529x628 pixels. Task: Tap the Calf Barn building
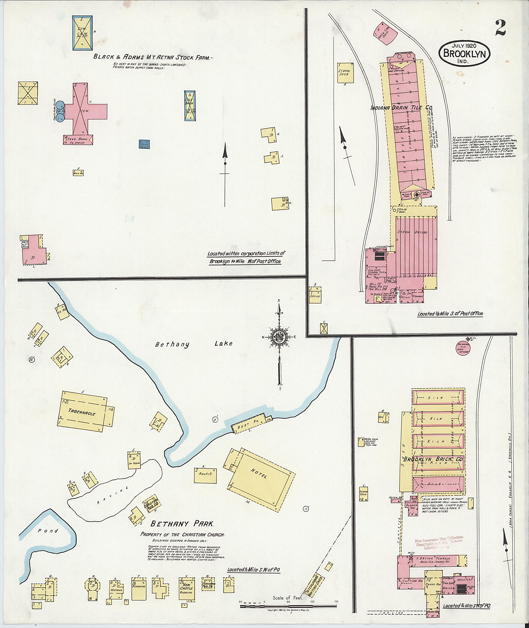(x=190, y=106)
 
